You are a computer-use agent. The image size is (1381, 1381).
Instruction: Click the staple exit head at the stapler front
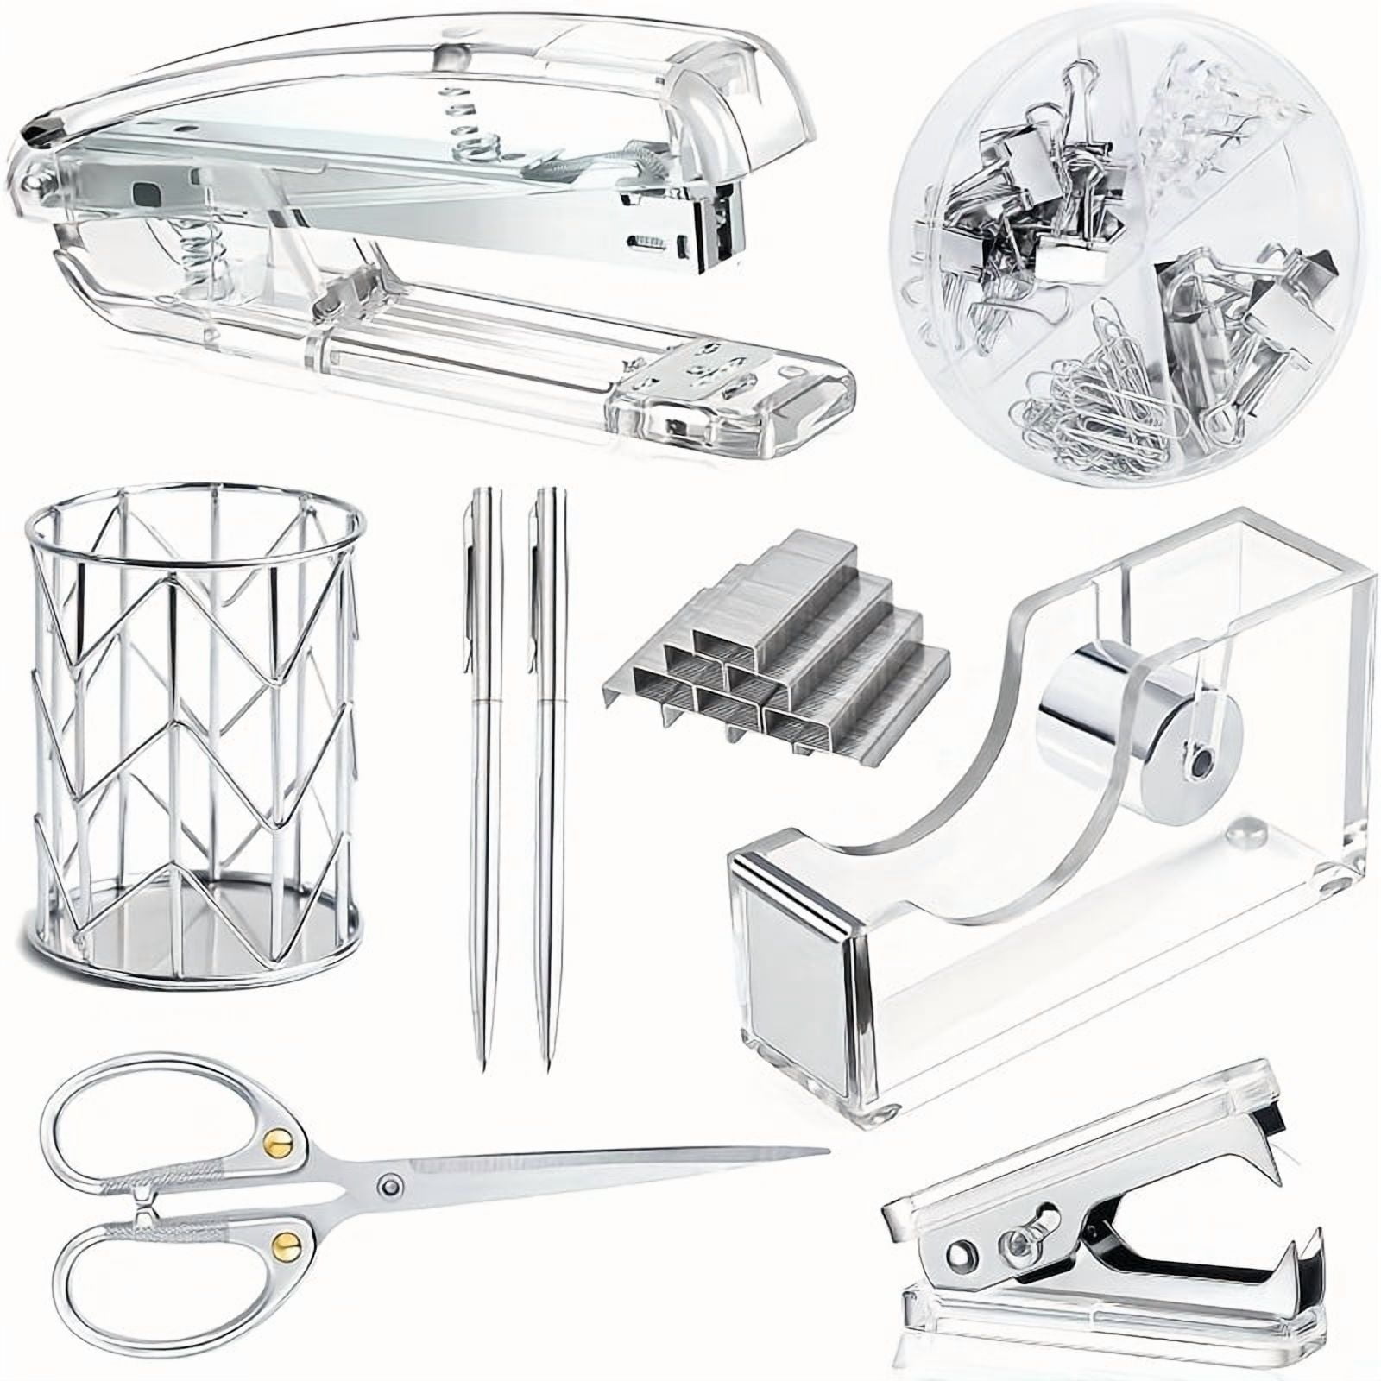click(721, 233)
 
